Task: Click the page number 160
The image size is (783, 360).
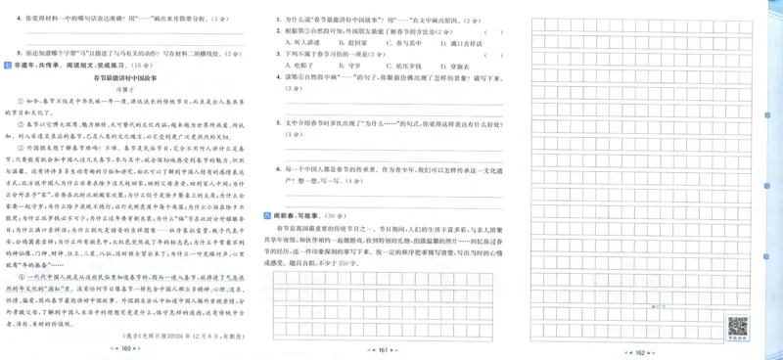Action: pyautogui.click(x=125, y=348)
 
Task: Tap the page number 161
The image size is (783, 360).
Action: pyautogui.click(x=384, y=348)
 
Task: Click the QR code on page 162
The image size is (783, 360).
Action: pyautogui.click(x=737, y=326)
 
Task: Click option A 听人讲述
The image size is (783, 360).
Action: pyautogui.click(x=302, y=43)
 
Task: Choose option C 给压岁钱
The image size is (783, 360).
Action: pyautogui.click(x=407, y=67)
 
